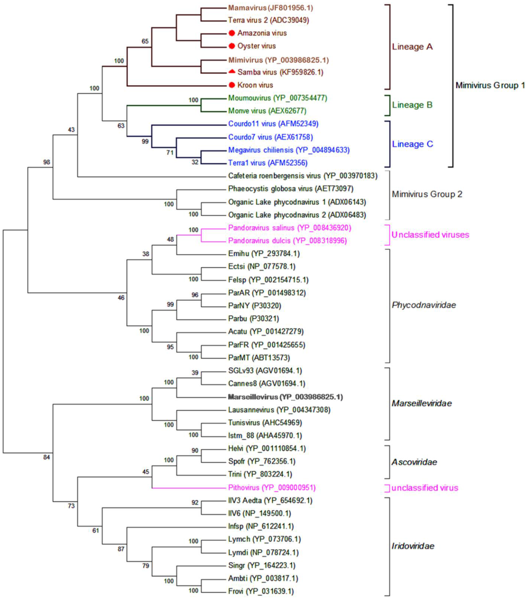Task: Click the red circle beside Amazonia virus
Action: (x=232, y=33)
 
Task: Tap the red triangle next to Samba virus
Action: (x=232, y=71)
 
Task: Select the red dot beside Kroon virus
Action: (x=232, y=85)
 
